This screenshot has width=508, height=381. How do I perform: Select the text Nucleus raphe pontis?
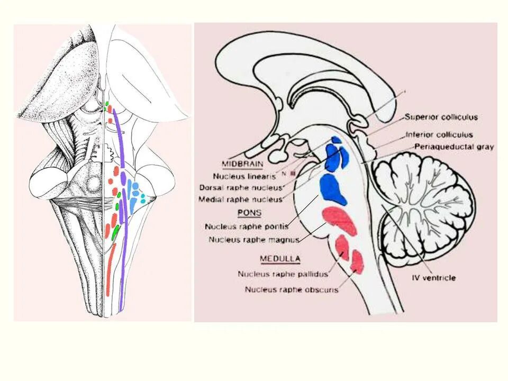point(246,226)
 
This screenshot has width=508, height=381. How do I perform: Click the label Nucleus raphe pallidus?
point(283,274)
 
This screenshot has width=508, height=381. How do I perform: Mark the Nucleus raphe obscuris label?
point(292,289)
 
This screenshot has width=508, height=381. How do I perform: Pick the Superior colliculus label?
point(441,116)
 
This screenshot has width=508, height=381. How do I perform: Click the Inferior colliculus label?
point(439,134)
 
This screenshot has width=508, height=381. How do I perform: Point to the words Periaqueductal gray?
point(453,147)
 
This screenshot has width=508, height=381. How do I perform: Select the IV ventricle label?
point(433,277)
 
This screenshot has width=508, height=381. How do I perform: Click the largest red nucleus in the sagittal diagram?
point(340,220)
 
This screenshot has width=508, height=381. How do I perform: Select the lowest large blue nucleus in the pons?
point(332,189)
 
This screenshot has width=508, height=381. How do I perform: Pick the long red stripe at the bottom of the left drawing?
point(109,270)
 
